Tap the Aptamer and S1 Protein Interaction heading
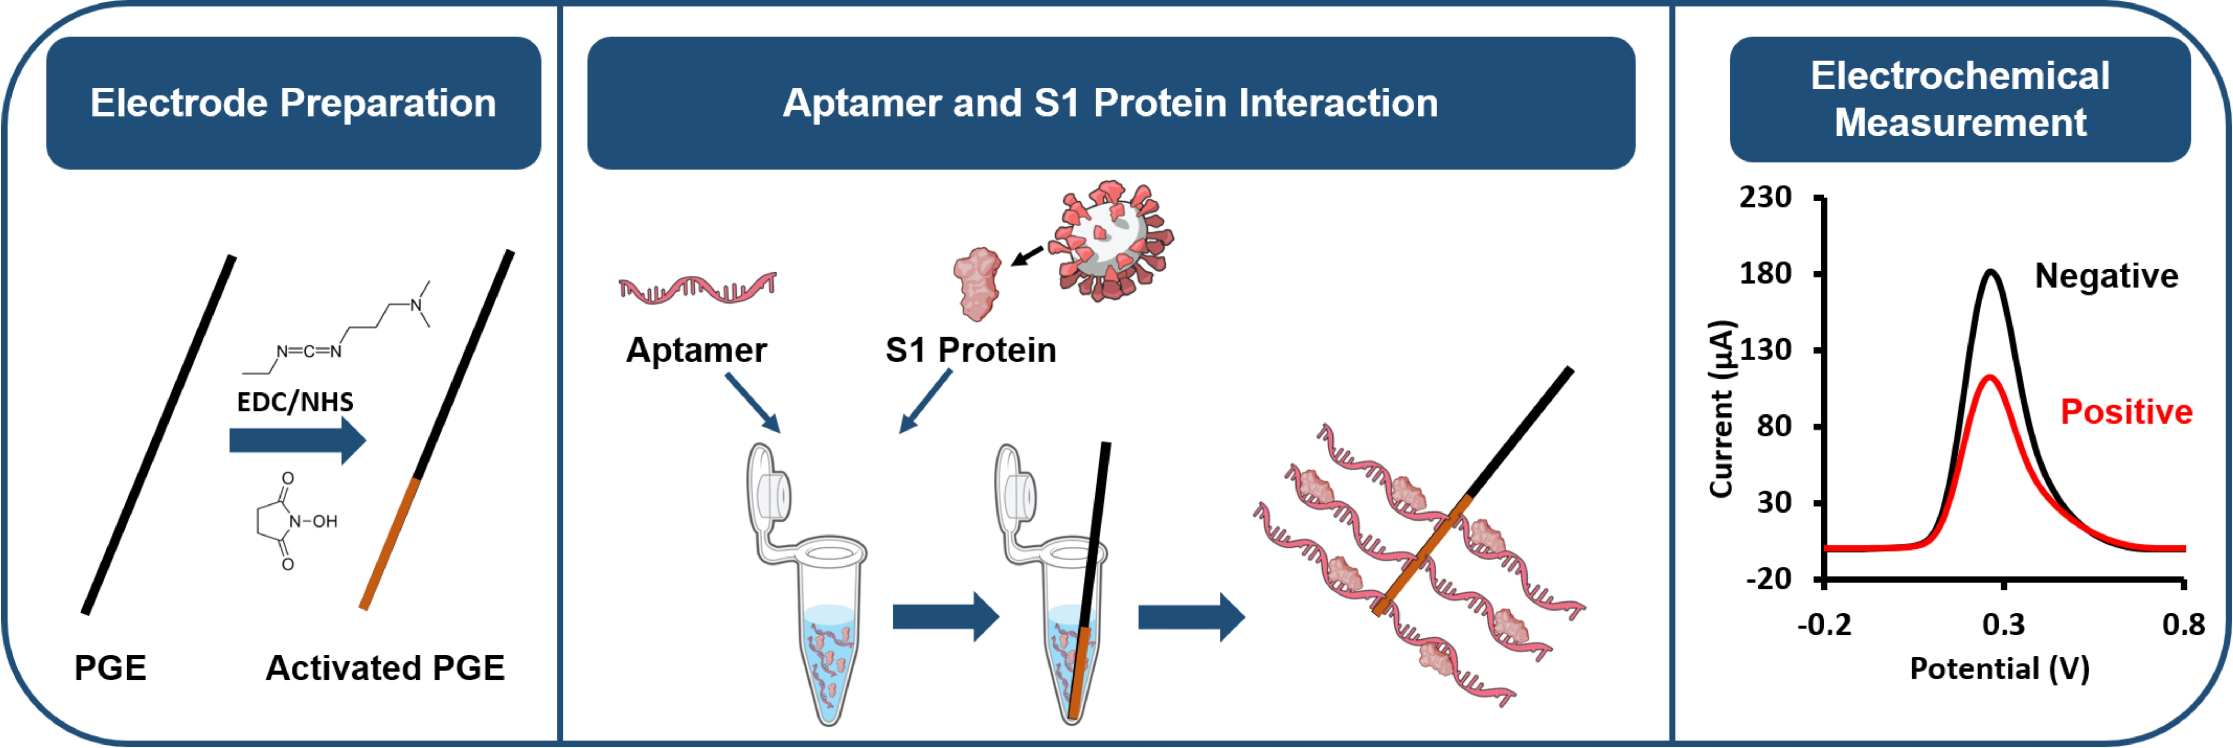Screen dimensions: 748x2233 point(1111,103)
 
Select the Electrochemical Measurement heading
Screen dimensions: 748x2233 point(1960,99)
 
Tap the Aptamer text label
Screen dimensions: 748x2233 point(696,350)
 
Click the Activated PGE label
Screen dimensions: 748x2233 point(385,668)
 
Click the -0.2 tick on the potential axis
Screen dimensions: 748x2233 point(1824,624)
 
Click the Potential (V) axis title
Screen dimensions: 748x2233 point(1999,668)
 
